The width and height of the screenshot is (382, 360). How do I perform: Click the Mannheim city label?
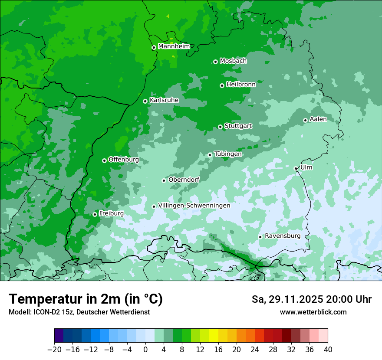pyautogui.click(x=174, y=46)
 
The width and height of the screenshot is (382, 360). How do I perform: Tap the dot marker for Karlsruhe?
pyautogui.click(x=145, y=101)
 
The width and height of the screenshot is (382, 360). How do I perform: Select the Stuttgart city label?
pyautogui.click(x=238, y=126)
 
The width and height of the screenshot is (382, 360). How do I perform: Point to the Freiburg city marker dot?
pyautogui.click(x=95, y=214)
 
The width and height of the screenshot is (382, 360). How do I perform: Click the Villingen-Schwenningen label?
pyautogui.click(x=194, y=206)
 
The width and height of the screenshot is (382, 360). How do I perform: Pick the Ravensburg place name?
pyautogui.click(x=283, y=236)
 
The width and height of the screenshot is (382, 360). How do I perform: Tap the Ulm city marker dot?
pyautogui.click(x=296, y=168)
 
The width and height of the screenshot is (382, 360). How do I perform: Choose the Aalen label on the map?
pyautogui.click(x=318, y=119)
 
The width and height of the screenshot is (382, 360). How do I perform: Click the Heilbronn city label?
pyautogui.click(x=241, y=85)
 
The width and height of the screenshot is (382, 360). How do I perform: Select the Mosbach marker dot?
pyautogui.click(x=215, y=62)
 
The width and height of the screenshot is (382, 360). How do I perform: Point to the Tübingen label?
pyautogui.click(x=228, y=154)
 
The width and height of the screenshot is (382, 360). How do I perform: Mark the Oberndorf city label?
pyautogui.click(x=184, y=180)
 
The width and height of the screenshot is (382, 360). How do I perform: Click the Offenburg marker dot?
pyautogui.click(x=104, y=160)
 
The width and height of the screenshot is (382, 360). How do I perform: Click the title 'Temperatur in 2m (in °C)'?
pyautogui.click(x=86, y=299)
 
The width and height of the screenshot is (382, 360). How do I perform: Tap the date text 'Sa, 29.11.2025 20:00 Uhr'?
pyautogui.click(x=311, y=299)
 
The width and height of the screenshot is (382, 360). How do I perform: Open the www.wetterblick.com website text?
pyautogui.click(x=313, y=312)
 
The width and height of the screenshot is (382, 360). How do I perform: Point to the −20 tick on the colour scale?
pyautogui.click(x=54, y=350)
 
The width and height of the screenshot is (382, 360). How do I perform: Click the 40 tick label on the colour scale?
pyautogui.click(x=328, y=350)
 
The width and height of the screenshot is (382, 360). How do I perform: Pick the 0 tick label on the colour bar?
pyautogui.click(x=145, y=350)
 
